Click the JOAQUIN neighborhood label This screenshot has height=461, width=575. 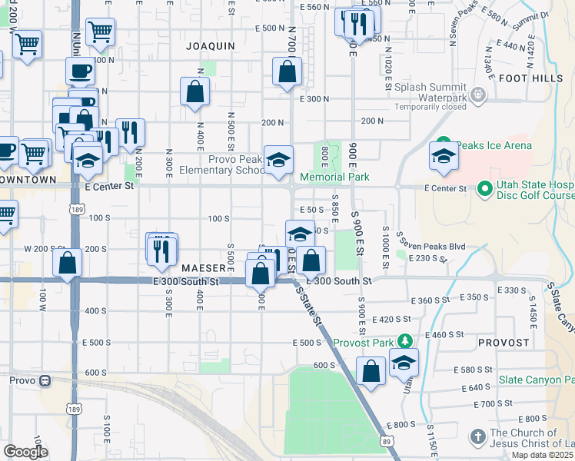pyautogui.click(x=210, y=46)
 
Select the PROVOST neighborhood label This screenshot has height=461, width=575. pyautogui.click(x=504, y=342)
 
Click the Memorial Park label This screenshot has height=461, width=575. pyautogui.click(x=334, y=177)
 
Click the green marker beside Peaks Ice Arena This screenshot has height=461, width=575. pyautogui.click(x=443, y=144)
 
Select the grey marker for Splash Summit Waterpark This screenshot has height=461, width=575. pyautogui.click(x=478, y=95)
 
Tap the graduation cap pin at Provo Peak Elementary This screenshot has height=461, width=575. pyautogui.click(x=278, y=160)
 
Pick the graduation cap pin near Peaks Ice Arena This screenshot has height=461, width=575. pyautogui.click(x=444, y=157)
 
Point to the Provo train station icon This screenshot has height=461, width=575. pyautogui.click(x=46, y=380)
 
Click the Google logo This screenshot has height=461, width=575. pyautogui.click(x=25, y=451)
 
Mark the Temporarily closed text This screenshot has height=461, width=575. pyautogui.click(x=430, y=107)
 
